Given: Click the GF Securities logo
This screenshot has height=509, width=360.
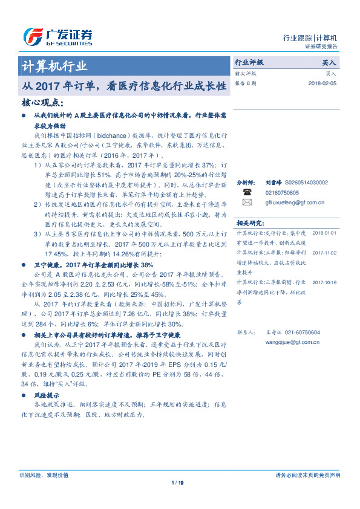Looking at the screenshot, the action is click(57, 37).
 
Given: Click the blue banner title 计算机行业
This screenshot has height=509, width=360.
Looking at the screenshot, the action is click(54, 66).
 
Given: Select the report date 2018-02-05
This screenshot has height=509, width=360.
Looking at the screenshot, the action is click(322, 83).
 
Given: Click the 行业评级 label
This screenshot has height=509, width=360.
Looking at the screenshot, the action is click(249, 62).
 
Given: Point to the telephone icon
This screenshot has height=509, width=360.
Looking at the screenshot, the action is click(247, 191).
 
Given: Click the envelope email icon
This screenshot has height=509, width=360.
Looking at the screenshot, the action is click(247, 203).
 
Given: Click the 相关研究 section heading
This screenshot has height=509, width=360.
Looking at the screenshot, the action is click(249, 222).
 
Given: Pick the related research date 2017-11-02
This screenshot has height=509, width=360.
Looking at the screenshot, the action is click(324, 253).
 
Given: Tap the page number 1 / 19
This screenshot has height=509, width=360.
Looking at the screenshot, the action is click(177, 482).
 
